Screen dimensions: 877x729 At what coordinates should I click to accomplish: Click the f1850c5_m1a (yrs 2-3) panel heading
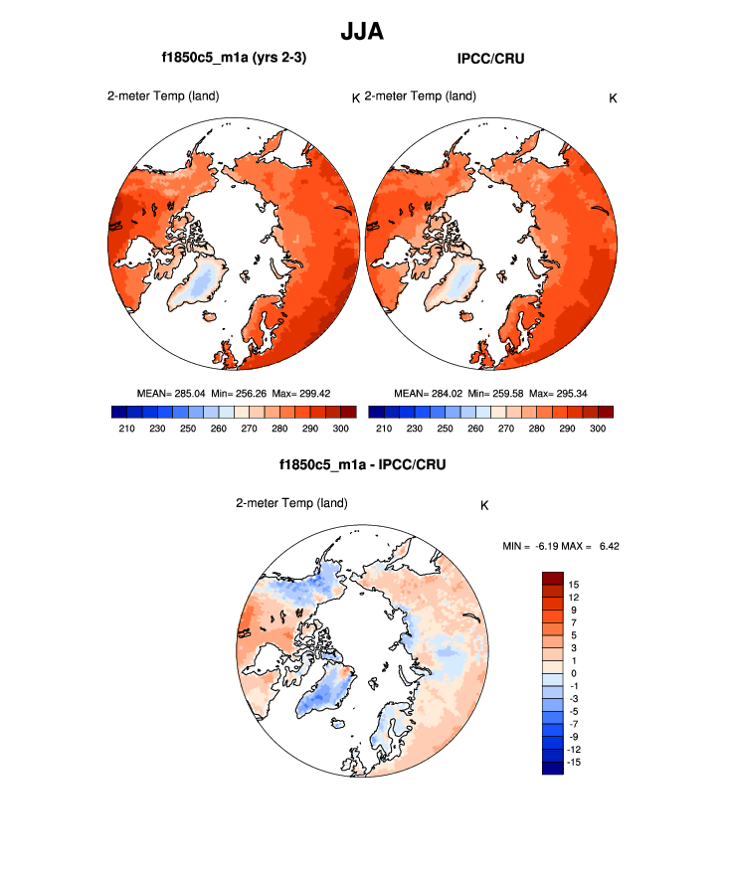tap(234, 59)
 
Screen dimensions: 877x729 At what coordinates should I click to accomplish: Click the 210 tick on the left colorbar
tap(126, 428)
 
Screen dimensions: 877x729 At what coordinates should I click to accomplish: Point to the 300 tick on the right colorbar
tap(598, 428)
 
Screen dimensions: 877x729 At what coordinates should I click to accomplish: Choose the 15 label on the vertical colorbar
tap(575, 584)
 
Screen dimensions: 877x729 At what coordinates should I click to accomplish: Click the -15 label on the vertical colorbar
tap(573, 762)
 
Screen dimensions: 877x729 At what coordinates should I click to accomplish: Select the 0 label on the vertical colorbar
tap(573, 673)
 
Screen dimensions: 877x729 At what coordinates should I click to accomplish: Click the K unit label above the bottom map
tap(484, 505)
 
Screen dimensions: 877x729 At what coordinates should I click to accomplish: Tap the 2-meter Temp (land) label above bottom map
tap(291, 503)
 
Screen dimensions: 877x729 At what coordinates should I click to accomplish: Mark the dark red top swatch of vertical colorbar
tap(552, 578)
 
